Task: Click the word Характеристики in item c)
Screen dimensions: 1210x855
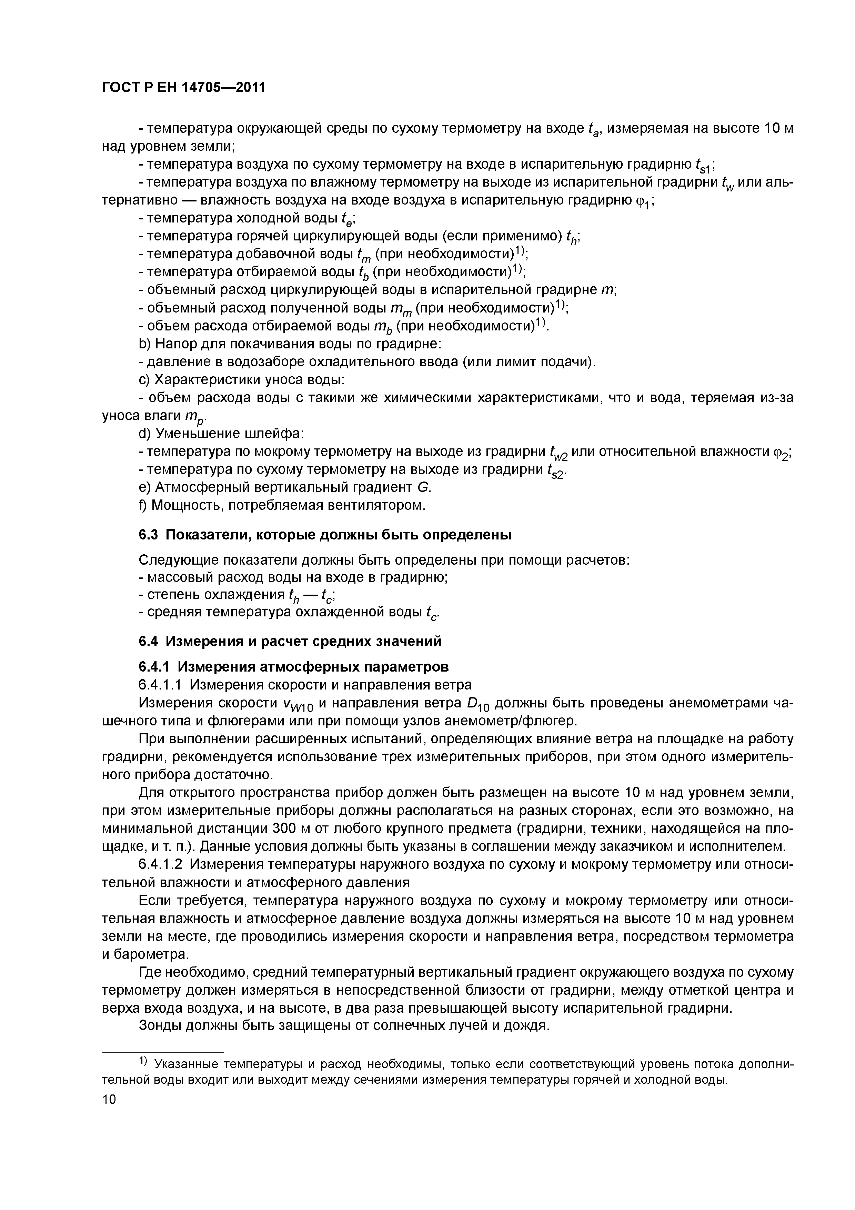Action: pos(209,380)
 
